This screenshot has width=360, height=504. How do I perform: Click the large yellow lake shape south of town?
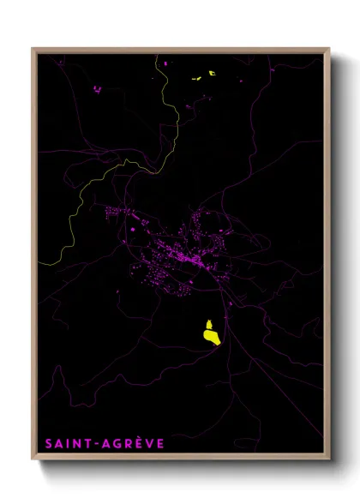click(209, 332)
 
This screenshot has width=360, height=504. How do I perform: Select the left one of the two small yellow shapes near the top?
click(196, 81)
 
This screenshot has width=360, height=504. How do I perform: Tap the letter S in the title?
click(49, 444)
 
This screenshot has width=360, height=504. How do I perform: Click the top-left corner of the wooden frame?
click(33, 49)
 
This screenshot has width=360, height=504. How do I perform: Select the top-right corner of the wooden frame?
click(329, 49)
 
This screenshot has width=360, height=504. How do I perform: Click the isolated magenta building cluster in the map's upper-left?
click(97, 88)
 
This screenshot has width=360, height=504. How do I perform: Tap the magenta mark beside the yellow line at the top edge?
click(165, 63)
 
